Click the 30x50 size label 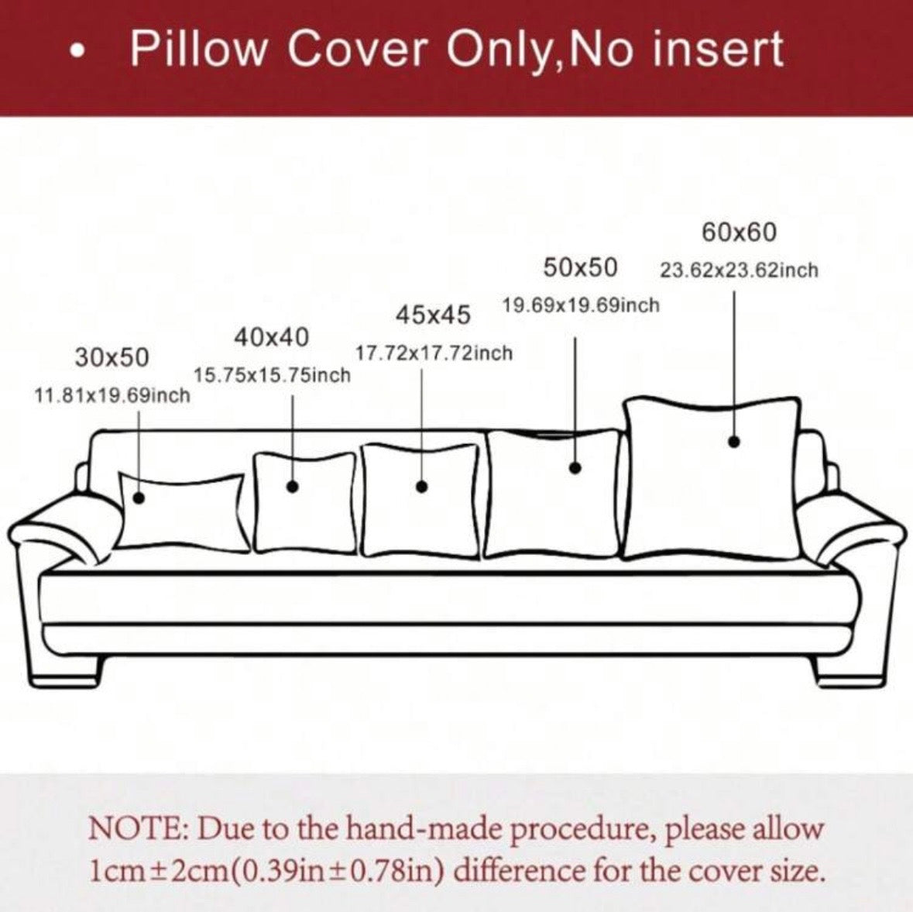coord(112,357)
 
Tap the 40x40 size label coord(271,337)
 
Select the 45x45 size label coord(433,315)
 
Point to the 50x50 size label coord(580,267)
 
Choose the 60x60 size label coord(739,232)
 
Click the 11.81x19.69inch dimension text coord(112,396)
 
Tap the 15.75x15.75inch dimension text coord(273,375)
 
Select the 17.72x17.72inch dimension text coord(434,353)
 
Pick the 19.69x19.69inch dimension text coord(581,305)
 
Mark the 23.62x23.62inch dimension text coord(739,270)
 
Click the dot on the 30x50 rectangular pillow coord(139,497)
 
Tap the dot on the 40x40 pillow coord(293,486)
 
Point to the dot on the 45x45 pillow coord(422,487)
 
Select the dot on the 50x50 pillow coord(575,467)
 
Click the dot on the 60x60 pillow coord(734,442)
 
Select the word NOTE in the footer coord(137,828)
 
